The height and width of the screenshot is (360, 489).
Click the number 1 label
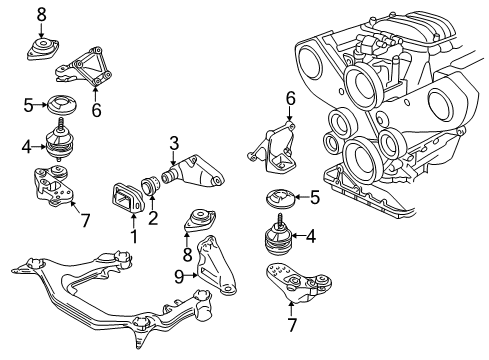134,236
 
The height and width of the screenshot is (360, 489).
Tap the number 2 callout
153,218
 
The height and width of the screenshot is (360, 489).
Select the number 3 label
174,144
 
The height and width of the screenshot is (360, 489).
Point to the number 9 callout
179,276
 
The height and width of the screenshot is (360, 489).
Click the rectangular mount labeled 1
127,198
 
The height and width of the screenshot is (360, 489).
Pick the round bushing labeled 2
151,186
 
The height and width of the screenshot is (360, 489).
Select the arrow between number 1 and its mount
134,221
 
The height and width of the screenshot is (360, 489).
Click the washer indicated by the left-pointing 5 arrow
280,199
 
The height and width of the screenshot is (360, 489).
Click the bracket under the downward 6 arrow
271,148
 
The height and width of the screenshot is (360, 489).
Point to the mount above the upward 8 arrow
200,221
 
